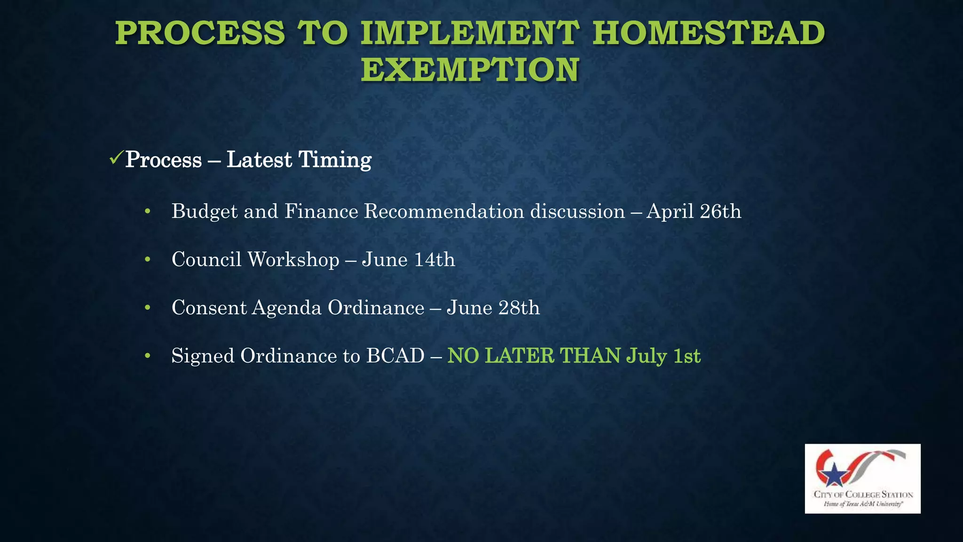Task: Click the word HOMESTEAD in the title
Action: coord(708,33)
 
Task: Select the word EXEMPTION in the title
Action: coord(470,70)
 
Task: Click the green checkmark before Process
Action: coord(116,158)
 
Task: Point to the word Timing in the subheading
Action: coord(335,159)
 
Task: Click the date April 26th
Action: coord(694,211)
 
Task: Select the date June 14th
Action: coord(408,260)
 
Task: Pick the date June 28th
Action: coord(493,308)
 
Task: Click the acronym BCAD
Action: coord(395,356)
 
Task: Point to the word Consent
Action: coord(209,308)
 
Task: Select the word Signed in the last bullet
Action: coord(203,356)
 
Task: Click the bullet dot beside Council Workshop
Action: coord(148,259)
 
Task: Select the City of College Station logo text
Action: coord(863,494)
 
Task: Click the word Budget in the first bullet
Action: coord(205,212)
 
